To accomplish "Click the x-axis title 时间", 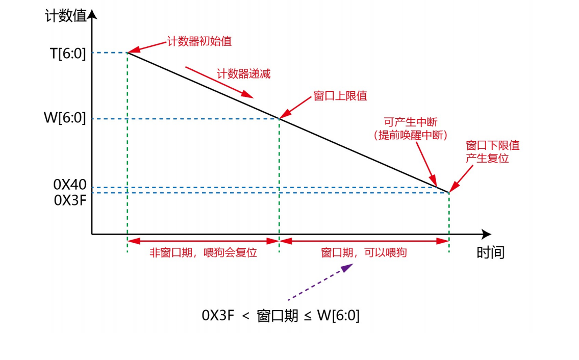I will coord(490,252).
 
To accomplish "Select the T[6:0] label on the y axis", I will coord(67,53).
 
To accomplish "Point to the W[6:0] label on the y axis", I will coord(66,119).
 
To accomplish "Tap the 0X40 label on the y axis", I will coord(70,185).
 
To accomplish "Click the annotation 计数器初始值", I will coord(199,41).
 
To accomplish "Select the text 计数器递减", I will coord(243,73).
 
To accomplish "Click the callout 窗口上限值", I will coord(340,96).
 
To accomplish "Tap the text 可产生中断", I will coord(411,122).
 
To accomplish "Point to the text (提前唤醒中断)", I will coord(411,135).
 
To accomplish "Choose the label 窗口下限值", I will coord(493,145).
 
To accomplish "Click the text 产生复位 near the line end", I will coord(487,158).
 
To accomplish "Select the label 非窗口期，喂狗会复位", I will coord(203,252).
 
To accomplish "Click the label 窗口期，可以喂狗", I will coord(364,252).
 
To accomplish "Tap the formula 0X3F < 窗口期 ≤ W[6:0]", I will coord(281,316).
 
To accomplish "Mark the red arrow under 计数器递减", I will coord(219,82).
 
